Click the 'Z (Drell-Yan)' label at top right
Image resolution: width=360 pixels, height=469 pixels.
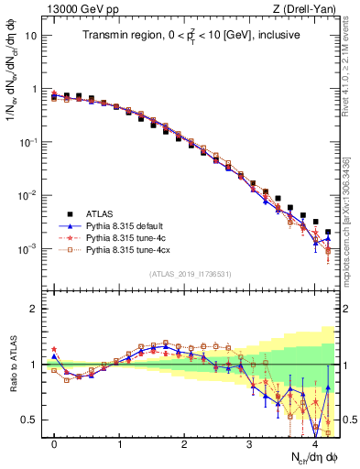point(307,7)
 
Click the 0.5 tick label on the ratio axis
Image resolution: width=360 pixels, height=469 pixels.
point(28,420)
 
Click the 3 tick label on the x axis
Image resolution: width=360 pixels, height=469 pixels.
point(250,444)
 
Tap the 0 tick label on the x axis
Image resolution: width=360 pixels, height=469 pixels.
point(55,444)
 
